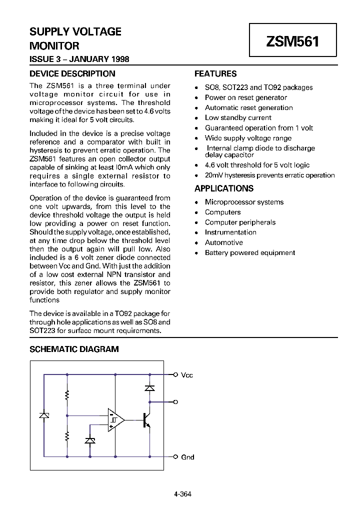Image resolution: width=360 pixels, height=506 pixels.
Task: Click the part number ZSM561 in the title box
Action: (292, 41)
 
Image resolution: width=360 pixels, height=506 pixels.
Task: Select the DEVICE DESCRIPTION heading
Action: (72, 73)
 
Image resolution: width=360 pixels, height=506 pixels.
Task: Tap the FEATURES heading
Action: (215, 73)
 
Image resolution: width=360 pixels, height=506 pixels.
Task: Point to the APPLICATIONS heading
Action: (224, 188)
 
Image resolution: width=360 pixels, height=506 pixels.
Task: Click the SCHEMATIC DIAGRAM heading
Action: (74, 349)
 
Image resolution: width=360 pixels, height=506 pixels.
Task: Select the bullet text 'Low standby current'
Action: (238, 117)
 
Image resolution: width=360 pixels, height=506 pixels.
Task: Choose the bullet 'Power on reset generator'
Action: (245, 97)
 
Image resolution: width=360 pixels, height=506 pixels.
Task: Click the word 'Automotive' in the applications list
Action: (223, 242)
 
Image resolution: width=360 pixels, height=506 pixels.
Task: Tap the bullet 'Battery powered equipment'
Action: (249, 252)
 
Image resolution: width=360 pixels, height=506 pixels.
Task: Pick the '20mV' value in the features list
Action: (214, 175)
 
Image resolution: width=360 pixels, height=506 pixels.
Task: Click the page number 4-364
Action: (182, 494)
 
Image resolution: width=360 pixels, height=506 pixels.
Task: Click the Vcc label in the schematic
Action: (187, 375)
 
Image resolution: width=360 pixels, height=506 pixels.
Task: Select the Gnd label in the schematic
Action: (187, 457)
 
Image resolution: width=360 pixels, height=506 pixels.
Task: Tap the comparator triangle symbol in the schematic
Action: (115, 420)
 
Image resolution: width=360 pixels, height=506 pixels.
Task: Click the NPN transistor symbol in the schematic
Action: (146, 420)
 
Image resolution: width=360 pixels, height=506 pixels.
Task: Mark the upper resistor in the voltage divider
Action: (67, 396)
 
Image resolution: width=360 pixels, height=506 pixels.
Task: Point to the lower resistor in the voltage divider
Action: (67, 437)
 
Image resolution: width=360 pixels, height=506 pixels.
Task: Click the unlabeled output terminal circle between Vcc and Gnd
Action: (175, 401)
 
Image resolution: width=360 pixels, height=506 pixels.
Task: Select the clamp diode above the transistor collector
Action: (149, 387)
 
